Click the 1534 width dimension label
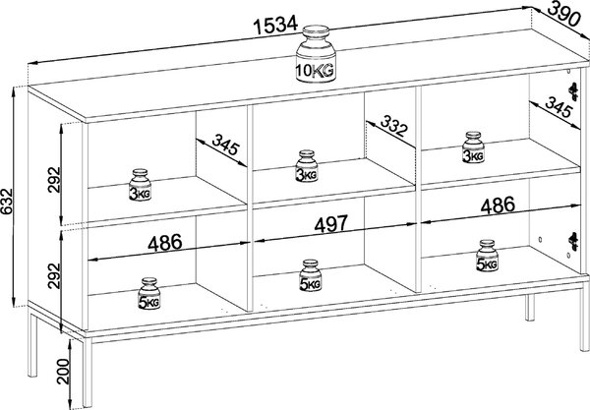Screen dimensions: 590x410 click(275, 26)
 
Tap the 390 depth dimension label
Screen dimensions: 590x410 click(562, 15)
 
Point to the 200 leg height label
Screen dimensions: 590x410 click(63, 372)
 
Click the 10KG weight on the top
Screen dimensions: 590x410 click(316, 54)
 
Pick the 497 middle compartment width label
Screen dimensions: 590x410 click(331, 224)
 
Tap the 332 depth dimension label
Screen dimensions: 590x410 click(394, 126)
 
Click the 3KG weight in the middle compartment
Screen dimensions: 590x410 click(307, 166)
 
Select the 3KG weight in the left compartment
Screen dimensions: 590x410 click(140, 185)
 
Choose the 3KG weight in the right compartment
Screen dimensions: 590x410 click(473, 147)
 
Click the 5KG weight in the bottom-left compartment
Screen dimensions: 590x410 click(149, 294)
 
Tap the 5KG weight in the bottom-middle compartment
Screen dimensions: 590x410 click(311, 275)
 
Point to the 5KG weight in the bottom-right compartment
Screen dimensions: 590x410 click(487, 256)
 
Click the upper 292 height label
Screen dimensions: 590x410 click(54, 180)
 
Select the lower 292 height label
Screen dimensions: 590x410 click(54, 275)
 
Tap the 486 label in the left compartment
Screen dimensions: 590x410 click(165, 243)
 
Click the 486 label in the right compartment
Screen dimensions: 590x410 click(498, 205)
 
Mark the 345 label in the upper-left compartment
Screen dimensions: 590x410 click(225, 145)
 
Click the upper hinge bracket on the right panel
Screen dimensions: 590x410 click(573, 91)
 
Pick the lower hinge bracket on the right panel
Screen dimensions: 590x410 click(573, 242)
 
